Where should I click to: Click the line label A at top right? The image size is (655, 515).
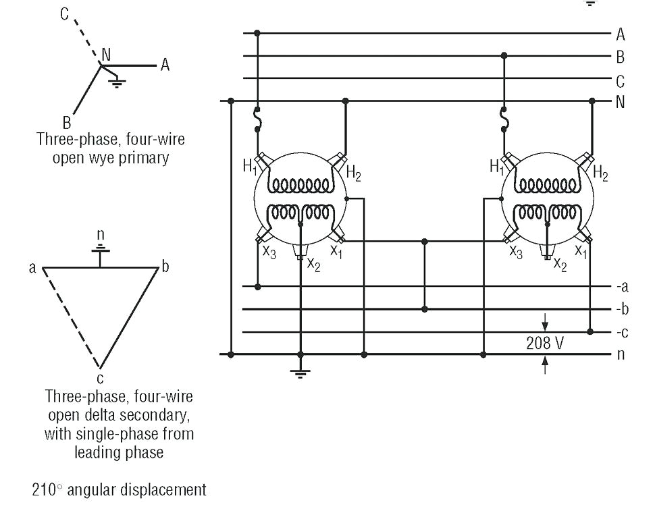coord(620,34)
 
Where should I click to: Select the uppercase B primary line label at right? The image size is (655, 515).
coord(620,57)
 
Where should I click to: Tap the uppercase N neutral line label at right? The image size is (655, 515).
coord(620,103)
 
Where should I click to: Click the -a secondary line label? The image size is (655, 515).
coord(621,287)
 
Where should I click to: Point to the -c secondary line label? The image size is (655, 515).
coord(621,332)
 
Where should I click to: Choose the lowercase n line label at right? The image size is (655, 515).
coord(620,354)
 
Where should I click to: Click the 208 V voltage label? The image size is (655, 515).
coord(545,343)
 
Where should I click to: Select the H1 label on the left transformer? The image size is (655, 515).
coord(250,166)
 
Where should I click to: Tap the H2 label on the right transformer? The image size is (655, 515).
coord(600,175)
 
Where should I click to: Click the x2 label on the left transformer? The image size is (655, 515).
coord(313,263)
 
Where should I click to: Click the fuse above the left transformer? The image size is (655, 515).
coord(257,120)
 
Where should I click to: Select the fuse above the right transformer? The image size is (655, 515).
coord(504,120)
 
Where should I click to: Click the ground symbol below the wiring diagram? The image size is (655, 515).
coord(301,372)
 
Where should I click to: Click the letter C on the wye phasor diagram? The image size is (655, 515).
coord(64,14)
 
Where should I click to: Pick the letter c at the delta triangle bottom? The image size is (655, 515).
coord(100,378)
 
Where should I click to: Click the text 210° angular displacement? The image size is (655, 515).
coord(119,489)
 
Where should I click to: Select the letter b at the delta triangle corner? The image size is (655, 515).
coord(165,267)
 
